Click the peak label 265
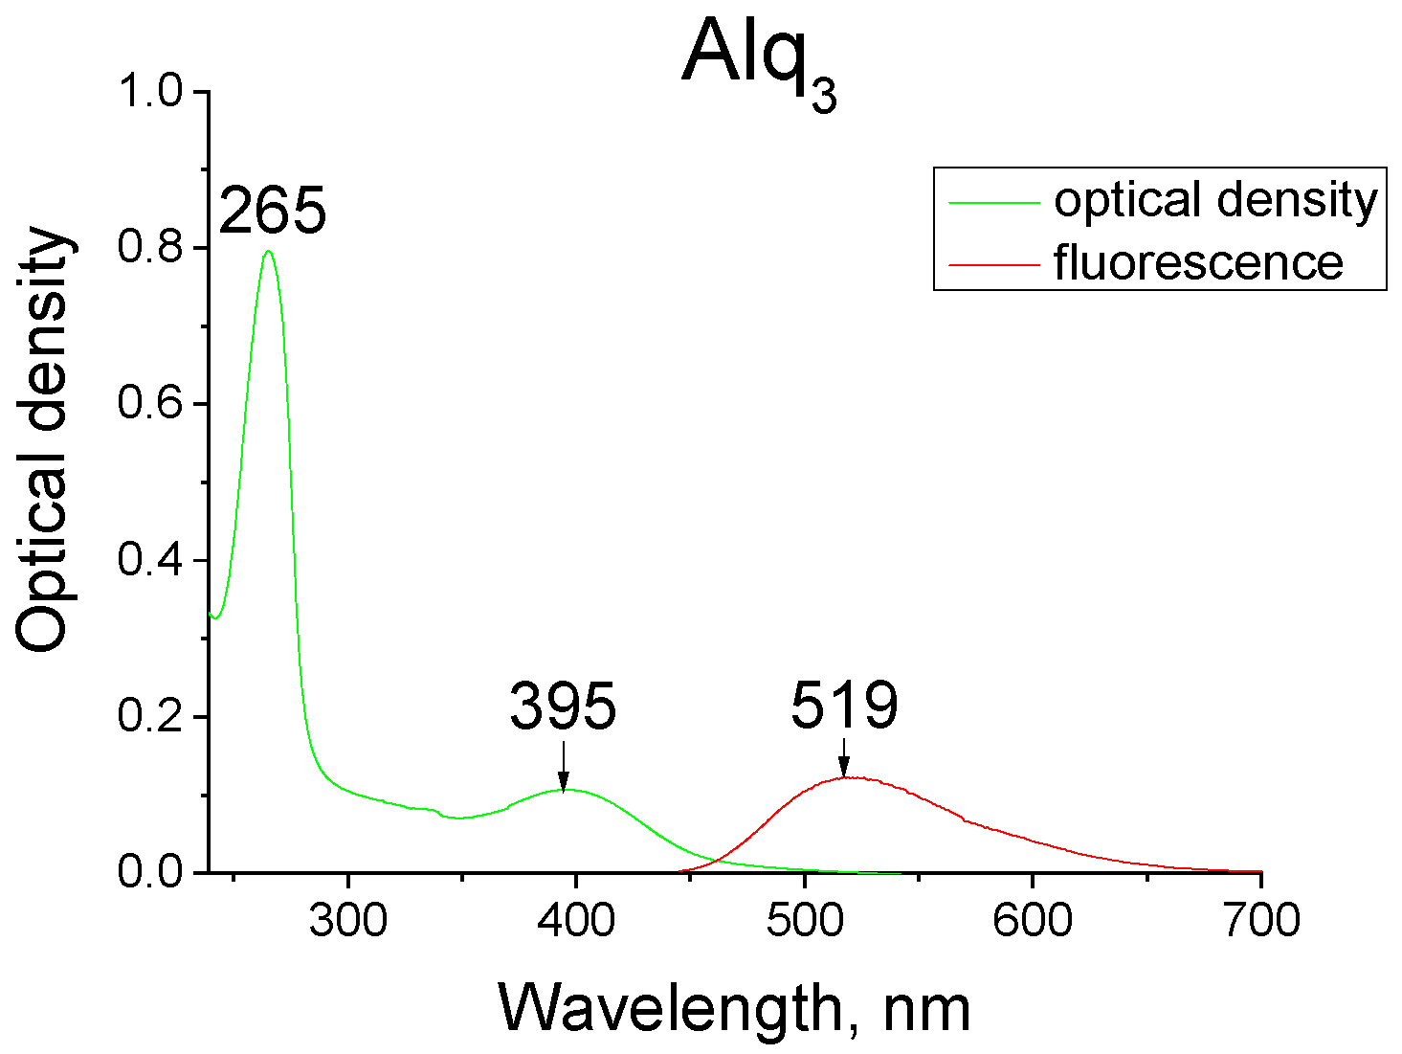273,211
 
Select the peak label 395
563,707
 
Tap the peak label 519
844,706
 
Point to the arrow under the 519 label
843,757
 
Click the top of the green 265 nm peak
268,252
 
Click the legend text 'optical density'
1215,201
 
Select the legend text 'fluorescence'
1198,262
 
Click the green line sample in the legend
992,203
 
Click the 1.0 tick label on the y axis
149,92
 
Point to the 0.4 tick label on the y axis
149,560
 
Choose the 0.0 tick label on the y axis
149,873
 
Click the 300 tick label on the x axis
348,921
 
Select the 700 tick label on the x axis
1260,921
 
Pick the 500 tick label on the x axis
804,921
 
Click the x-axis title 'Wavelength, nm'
734,1009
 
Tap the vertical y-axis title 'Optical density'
45,440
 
